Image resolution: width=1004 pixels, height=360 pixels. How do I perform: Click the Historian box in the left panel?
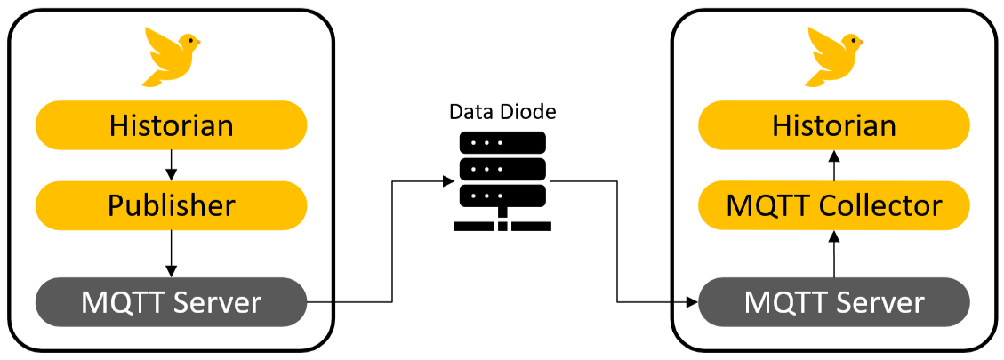coord(171,125)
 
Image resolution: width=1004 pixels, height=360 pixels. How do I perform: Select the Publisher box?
coord(171,206)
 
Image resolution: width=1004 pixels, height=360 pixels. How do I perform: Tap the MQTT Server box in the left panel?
coord(171,302)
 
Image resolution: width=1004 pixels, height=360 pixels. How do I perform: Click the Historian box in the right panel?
coord(833,125)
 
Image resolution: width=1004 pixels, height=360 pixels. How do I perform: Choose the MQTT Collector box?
coord(833,206)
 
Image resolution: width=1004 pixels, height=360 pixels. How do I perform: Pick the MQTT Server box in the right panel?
coord(833,302)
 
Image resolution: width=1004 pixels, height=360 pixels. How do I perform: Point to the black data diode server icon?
coord(502,169)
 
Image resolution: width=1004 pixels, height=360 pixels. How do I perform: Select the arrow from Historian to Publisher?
coord(171,165)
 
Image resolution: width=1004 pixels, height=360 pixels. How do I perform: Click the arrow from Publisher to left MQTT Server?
coord(171,252)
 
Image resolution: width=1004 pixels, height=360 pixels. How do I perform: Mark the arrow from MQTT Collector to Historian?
coord(833,165)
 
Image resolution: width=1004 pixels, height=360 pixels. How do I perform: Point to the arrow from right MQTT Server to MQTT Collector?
coord(833,252)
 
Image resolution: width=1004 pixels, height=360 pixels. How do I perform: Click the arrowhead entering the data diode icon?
coord(448,181)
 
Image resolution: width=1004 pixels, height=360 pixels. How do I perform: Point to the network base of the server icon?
coord(502,223)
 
